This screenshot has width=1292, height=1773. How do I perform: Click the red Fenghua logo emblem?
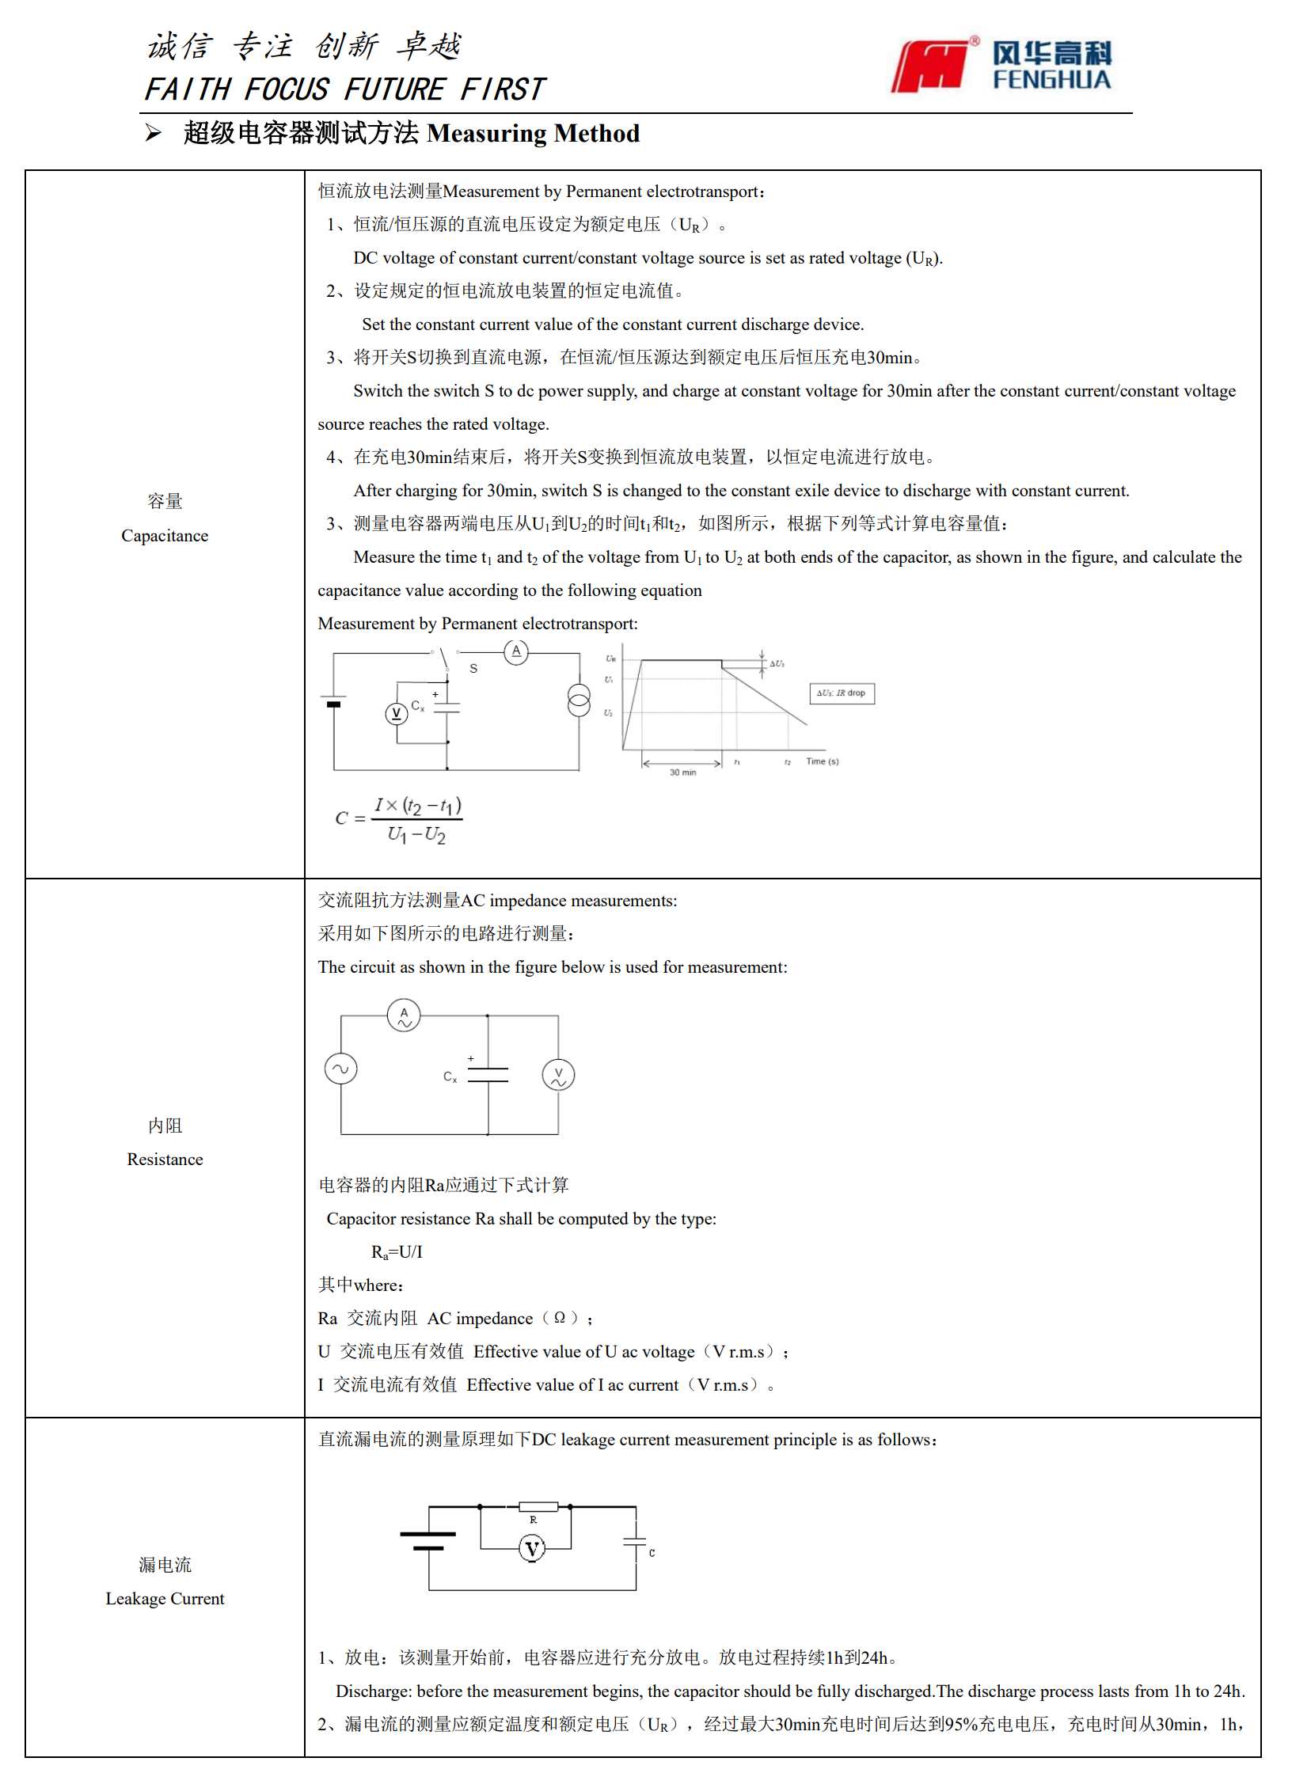(x=931, y=66)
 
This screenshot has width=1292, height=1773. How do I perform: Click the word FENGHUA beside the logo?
(x=1051, y=80)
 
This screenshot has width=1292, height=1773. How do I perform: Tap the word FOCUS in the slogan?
(x=286, y=89)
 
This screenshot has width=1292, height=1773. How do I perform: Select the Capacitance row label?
(x=165, y=535)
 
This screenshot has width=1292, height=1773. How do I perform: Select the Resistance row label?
(x=165, y=1159)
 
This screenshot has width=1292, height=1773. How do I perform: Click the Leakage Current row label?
(x=165, y=1598)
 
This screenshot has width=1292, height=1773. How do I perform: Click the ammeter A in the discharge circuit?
(x=516, y=651)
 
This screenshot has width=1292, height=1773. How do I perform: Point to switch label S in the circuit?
(x=473, y=669)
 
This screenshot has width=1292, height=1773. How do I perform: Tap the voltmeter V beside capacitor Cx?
(x=396, y=714)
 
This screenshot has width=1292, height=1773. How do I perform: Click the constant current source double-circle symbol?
(x=579, y=700)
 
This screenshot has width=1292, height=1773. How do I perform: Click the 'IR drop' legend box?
(x=842, y=693)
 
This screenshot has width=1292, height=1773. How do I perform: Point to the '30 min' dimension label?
(x=682, y=773)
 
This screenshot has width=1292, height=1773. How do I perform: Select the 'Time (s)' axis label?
(x=822, y=761)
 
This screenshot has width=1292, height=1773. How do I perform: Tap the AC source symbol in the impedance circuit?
(x=340, y=1069)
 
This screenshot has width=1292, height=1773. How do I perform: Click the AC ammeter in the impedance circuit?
(x=404, y=1015)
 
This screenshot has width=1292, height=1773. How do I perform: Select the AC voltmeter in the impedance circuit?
(x=558, y=1075)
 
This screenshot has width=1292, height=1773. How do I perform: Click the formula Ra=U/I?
(x=397, y=1252)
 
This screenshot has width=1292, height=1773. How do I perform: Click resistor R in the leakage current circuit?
(x=538, y=1507)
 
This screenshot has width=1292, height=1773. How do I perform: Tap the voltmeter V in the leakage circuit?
(x=532, y=1549)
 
